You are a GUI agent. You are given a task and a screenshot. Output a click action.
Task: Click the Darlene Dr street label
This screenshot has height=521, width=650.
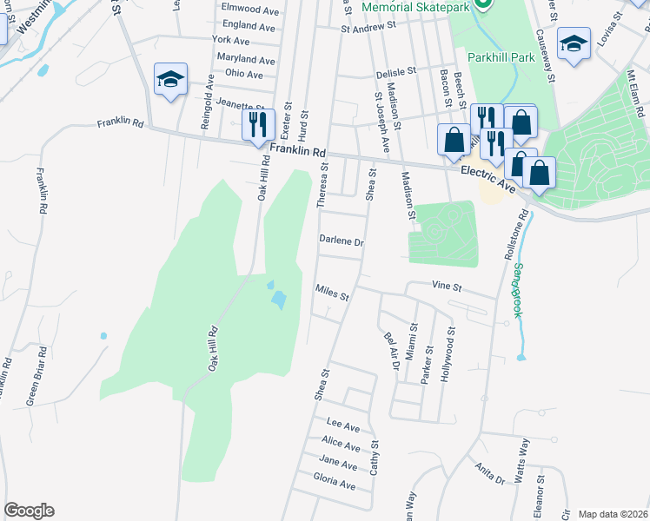pos(341,241)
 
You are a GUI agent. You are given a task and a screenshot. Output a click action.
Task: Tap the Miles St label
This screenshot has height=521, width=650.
pos(332,293)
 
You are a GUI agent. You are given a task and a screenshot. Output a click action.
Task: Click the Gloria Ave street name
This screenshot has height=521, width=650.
pos(335,483)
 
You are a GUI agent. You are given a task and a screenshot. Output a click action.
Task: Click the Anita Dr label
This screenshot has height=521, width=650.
pos(490,474)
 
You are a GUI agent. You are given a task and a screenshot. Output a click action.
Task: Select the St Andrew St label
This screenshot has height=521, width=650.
pos(368,26)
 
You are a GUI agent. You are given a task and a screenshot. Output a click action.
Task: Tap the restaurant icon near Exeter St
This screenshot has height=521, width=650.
pos(258,124)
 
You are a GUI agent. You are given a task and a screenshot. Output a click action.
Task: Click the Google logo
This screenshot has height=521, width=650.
pos(29,511)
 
